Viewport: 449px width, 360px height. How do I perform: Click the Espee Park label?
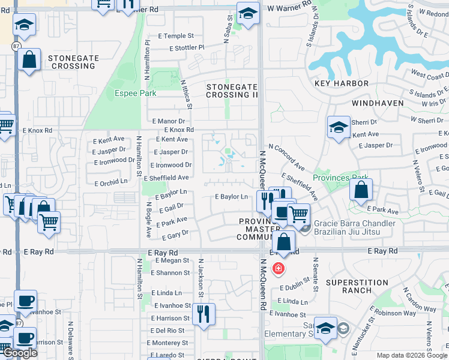(136, 93)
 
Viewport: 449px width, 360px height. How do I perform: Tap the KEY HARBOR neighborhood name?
(337, 85)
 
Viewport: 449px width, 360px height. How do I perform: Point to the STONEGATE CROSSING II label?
(232, 91)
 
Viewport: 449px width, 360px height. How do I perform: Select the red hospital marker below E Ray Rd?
(278, 268)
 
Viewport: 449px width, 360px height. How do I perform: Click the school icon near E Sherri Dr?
(339, 127)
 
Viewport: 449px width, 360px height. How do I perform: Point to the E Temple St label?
(176, 36)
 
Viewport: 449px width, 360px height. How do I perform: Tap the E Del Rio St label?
(167, 330)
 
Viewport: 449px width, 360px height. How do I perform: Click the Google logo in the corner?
(20, 353)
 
